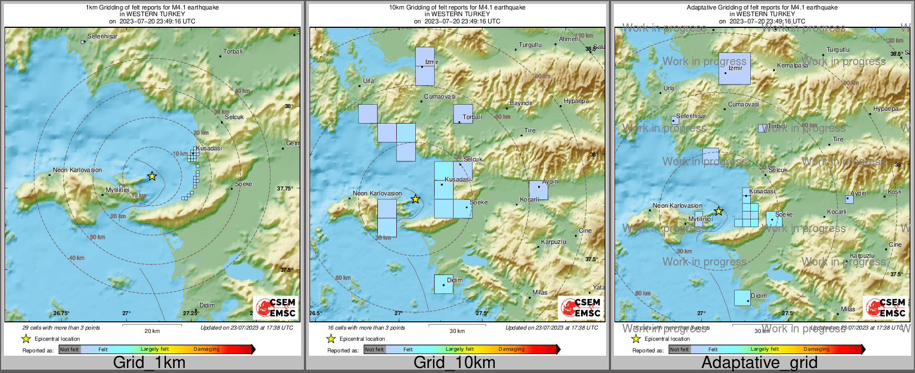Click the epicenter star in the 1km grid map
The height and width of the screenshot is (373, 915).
coord(152,176)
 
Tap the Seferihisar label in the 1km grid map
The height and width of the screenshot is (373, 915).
coord(102,36)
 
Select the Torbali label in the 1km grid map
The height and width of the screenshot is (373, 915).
coord(233,51)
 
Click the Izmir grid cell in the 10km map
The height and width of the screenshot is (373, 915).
coord(425,66)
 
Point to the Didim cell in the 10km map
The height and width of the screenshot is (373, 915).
coord(444,284)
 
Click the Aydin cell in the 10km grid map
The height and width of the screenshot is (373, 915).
coord(538,190)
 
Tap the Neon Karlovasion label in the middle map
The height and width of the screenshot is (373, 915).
coord(377,194)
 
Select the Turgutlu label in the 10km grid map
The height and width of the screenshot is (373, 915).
coord(530,45)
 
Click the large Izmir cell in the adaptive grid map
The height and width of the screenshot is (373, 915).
coord(734,68)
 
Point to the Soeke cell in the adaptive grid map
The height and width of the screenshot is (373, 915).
coord(774,219)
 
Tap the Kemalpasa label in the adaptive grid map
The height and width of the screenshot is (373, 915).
coord(792,66)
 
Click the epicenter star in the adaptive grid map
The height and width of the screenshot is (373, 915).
coord(719,212)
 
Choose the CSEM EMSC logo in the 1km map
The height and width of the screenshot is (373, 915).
coord(276,307)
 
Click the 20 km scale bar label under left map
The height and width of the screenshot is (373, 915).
coord(152,331)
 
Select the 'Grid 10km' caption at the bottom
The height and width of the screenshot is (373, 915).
coord(454,363)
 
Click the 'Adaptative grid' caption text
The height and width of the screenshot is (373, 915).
coord(759,363)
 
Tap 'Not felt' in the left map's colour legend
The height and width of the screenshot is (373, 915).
coord(70,350)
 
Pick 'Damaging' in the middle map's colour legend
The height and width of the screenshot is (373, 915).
coord(511,350)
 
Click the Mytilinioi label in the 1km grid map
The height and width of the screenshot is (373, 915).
coord(117,190)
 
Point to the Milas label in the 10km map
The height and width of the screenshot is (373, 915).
coord(540,292)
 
